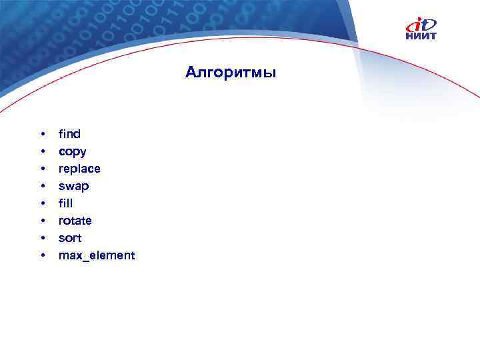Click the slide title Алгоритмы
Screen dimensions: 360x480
tap(230, 72)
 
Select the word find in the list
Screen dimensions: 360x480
tap(69, 134)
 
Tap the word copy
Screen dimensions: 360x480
tap(72, 152)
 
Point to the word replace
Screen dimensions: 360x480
tap(79, 169)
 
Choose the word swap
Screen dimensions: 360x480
tap(73, 186)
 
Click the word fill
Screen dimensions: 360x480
tap(65, 203)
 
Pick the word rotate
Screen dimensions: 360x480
tap(75, 221)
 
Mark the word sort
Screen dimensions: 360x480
tap(69, 238)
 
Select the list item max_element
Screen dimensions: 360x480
tap(97, 255)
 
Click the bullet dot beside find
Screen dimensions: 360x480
tap(42, 135)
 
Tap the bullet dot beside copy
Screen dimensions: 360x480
tap(42, 152)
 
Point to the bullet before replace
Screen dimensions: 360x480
tap(42, 169)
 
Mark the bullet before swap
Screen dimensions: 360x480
tap(42, 187)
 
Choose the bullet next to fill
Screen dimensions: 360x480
tap(42, 204)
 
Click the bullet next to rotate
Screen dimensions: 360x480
tap(42, 221)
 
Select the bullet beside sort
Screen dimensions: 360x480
tap(42, 239)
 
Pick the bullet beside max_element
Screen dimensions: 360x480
tap(42, 256)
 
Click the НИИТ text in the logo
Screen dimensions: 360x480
tap(421, 36)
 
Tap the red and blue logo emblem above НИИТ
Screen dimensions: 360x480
tap(421, 25)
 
